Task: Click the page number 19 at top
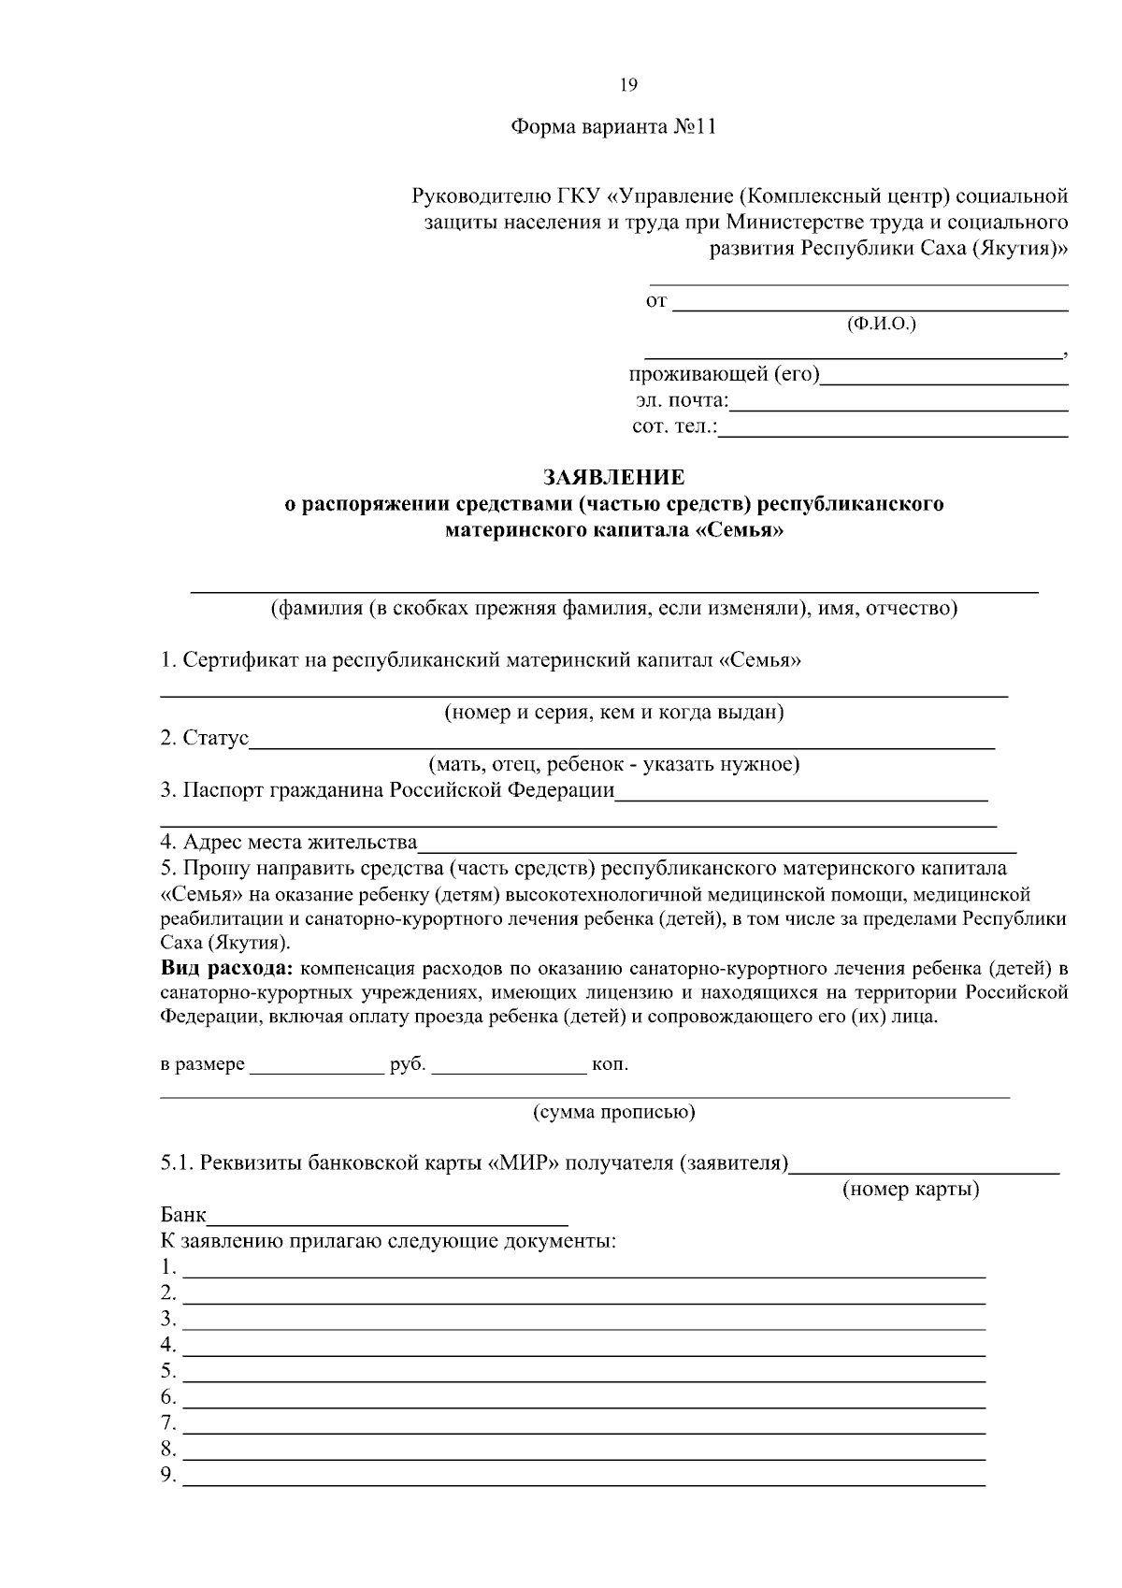pyautogui.click(x=628, y=85)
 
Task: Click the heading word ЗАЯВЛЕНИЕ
pyautogui.click(x=614, y=478)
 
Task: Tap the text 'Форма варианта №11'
pyautogui.click(x=612, y=127)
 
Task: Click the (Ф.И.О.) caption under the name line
pyautogui.click(x=881, y=324)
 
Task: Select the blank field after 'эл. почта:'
pyautogui.click(x=898, y=403)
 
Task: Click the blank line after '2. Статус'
pyautogui.click(x=622, y=741)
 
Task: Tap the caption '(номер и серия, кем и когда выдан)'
pyautogui.click(x=613, y=713)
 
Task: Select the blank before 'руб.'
pyautogui.click(x=317, y=1066)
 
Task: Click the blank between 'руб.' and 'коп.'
pyautogui.click(x=509, y=1066)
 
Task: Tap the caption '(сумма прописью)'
pyautogui.click(x=613, y=1112)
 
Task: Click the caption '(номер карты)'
pyautogui.click(x=911, y=1190)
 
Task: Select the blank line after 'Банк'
pyautogui.click(x=389, y=1217)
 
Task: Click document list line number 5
pyautogui.click(x=584, y=1373)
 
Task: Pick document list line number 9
pyautogui.click(x=584, y=1478)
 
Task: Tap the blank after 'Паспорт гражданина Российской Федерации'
pyautogui.click(x=801, y=793)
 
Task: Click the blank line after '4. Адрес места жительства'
pyautogui.click(x=717, y=845)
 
